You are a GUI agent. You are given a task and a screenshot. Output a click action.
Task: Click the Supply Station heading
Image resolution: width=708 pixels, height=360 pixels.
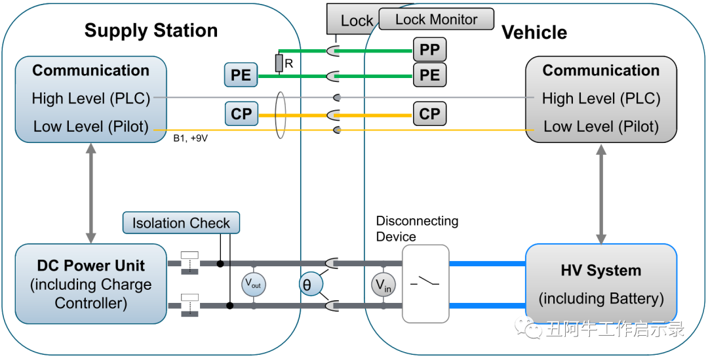pos(151,31)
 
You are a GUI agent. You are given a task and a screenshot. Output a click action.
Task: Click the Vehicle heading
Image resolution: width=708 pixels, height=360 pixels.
pos(534,33)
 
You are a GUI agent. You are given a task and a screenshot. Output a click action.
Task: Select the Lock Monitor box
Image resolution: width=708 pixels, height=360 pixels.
pos(436,20)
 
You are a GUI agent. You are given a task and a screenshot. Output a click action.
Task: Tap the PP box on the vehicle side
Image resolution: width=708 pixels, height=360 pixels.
pos(429,49)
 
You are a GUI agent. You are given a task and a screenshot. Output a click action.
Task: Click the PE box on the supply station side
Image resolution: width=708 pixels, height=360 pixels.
pos(241,75)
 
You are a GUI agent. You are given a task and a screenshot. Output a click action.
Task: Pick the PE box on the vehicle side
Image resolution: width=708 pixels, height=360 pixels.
pos(429,75)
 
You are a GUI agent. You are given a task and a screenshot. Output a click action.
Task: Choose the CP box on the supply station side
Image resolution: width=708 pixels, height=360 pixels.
pos(241,114)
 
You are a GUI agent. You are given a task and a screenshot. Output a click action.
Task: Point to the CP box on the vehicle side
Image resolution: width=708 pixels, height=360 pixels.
pos(429,114)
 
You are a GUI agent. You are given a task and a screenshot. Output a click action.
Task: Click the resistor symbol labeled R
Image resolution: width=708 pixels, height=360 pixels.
pos(279,64)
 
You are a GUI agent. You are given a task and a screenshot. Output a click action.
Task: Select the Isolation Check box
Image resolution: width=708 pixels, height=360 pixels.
pos(181,223)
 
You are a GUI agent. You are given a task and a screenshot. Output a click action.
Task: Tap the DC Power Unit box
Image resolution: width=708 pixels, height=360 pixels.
pos(91,284)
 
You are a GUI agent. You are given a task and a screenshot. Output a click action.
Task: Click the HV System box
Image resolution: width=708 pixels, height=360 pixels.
pos(600,284)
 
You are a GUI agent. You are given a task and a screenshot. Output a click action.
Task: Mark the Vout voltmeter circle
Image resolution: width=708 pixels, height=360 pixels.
pos(253,284)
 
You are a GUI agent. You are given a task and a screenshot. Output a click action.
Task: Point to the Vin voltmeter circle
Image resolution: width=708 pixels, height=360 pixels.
pos(383,284)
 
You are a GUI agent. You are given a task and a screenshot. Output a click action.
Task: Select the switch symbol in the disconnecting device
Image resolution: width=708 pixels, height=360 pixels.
pos(425,283)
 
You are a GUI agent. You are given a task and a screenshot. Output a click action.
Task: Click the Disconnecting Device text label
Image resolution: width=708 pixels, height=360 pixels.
pos(417,229)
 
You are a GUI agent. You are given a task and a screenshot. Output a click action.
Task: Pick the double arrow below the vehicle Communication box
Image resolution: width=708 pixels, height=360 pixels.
pos(600,193)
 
